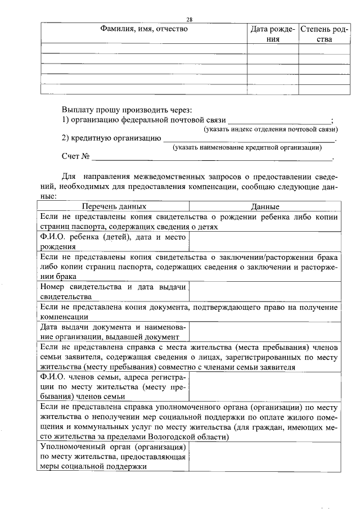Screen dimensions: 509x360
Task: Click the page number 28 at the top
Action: tap(190, 19)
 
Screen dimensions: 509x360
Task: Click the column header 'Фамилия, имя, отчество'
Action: tap(144, 29)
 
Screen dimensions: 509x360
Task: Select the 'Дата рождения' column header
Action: tap(273, 34)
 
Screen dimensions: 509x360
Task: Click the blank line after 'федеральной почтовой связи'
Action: tap(279, 120)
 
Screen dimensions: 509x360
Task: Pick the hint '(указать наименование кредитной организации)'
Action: tap(247, 147)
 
